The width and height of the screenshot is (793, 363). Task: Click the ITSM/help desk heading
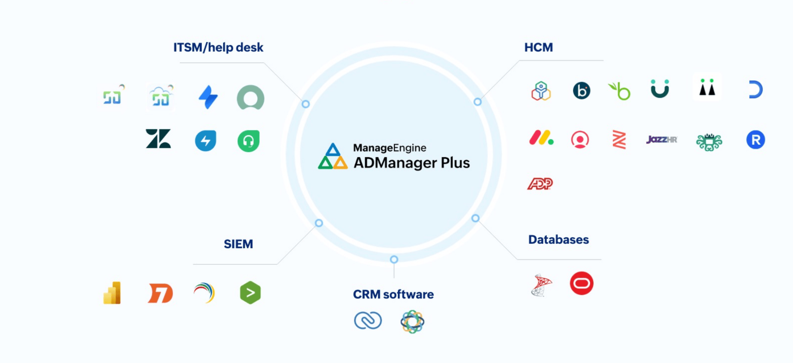[x=218, y=47]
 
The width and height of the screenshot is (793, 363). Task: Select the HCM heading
[x=538, y=47]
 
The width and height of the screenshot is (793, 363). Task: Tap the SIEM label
[x=238, y=244]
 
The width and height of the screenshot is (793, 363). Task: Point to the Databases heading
[x=558, y=239]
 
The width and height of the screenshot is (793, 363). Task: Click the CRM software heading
[x=393, y=294]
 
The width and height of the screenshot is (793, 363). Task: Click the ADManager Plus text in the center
[x=411, y=163]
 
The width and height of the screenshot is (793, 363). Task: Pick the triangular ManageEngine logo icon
[x=333, y=156]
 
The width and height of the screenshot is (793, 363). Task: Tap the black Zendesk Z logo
[x=158, y=139]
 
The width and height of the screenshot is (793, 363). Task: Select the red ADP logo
[x=540, y=184]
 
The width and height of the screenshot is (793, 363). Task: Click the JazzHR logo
[x=662, y=140]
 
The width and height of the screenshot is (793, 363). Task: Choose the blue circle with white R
[x=755, y=140]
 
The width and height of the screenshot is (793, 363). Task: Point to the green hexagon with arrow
[x=250, y=292]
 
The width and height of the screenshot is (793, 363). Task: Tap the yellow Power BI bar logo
[x=112, y=293]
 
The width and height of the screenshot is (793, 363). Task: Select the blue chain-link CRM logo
[x=368, y=320]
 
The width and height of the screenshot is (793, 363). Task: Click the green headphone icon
[x=249, y=141]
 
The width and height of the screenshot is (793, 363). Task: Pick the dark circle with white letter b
[x=581, y=91]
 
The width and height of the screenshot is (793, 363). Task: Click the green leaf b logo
[x=620, y=91]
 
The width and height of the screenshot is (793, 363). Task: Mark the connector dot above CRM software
[x=394, y=259]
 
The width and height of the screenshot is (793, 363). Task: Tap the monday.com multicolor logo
[x=541, y=138]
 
